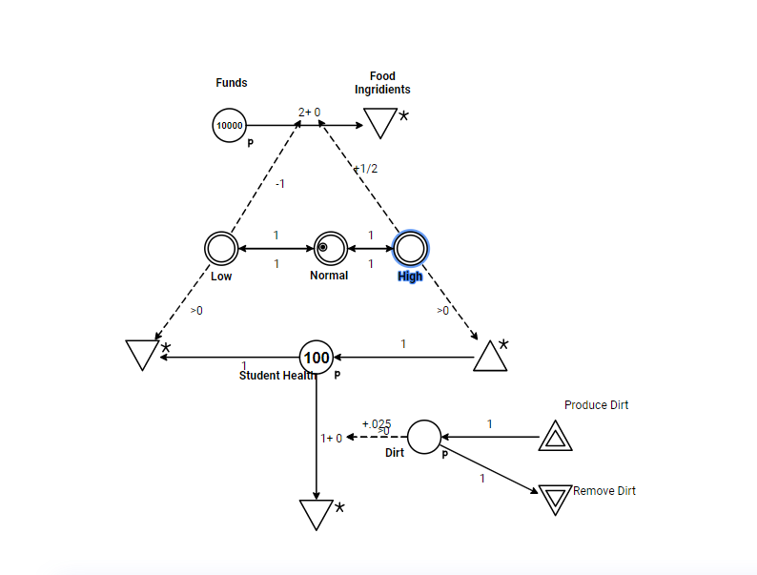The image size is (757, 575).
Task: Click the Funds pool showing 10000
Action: click(x=229, y=125)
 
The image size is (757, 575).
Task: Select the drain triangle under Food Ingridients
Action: click(x=380, y=122)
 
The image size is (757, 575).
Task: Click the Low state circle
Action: click(x=220, y=248)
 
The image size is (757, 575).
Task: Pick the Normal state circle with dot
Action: click(x=330, y=248)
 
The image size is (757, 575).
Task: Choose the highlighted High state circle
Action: click(x=410, y=248)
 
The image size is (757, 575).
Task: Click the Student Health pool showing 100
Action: click(x=316, y=358)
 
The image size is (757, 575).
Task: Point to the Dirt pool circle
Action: click(x=425, y=437)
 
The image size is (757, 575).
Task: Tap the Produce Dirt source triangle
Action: click(x=555, y=437)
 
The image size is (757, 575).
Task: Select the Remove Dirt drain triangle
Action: click(x=554, y=498)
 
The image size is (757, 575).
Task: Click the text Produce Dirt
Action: click(x=596, y=405)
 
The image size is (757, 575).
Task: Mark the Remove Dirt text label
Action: click(x=604, y=491)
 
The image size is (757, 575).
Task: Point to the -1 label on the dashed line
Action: click(x=279, y=183)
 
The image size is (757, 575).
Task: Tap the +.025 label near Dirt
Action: click(x=377, y=423)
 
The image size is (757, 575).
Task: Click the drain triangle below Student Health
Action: click(x=315, y=513)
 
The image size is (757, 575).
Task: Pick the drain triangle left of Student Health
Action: click(x=141, y=354)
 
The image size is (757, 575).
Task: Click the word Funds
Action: click(x=232, y=83)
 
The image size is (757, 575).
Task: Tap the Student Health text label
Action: click(x=272, y=376)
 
